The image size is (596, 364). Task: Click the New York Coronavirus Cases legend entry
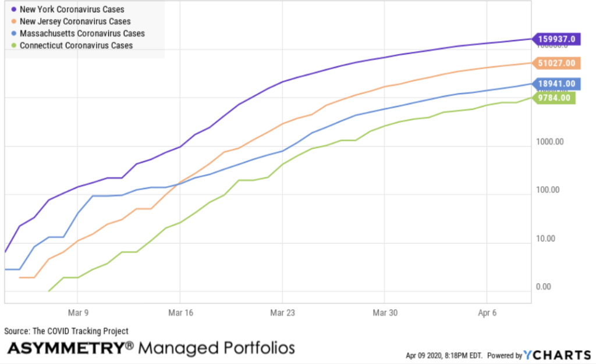tap(72, 9)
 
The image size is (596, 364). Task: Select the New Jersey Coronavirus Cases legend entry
tap(75, 22)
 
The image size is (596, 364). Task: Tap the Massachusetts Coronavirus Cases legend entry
tap(82, 33)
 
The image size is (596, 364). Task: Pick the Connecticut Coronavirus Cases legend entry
tap(76, 45)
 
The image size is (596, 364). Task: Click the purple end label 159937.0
tap(556, 39)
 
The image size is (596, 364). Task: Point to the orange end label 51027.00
tap(556, 63)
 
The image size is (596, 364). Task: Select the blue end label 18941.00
tap(556, 84)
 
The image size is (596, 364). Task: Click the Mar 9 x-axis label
tap(77, 312)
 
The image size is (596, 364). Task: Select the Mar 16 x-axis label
tap(179, 312)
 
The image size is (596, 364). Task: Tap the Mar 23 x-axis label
tap(282, 312)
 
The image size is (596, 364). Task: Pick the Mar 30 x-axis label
tap(384, 312)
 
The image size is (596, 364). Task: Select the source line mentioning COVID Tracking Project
tap(66, 331)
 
